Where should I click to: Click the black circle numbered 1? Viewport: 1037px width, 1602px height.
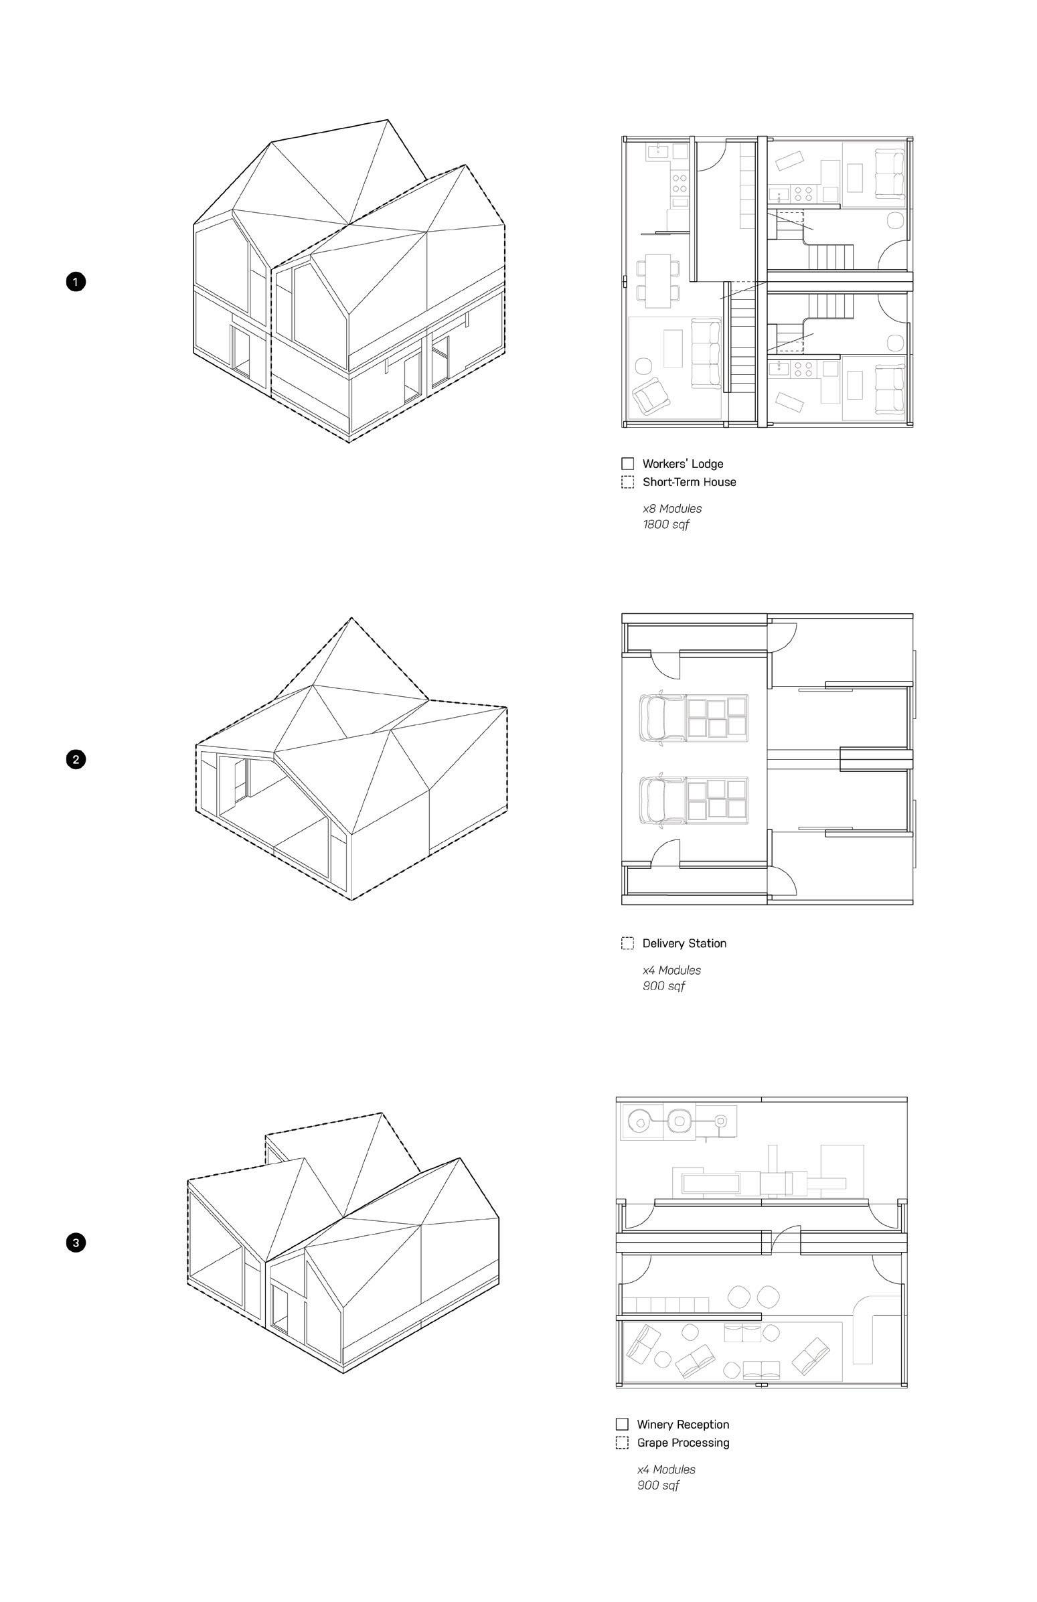click(x=76, y=281)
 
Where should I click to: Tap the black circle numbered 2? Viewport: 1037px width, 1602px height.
click(x=76, y=760)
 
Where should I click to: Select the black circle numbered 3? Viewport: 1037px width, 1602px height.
click(x=76, y=1243)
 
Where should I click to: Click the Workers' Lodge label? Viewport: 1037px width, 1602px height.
click(x=682, y=464)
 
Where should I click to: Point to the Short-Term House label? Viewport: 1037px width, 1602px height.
click(x=688, y=482)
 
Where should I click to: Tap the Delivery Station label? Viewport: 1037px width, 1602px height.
click(x=684, y=943)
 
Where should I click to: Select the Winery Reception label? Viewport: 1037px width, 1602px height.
click(x=682, y=1425)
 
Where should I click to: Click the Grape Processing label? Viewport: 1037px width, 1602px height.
click(x=682, y=1443)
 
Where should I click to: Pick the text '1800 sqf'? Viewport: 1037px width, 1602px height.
click(x=665, y=524)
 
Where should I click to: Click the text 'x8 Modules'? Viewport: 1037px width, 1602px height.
click(x=671, y=509)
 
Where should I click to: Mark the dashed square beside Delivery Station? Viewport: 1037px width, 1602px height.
click(x=627, y=943)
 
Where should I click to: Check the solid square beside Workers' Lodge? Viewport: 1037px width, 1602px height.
click(x=627, y=464)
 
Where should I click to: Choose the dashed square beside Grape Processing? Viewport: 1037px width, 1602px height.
click(x=622, y=1443)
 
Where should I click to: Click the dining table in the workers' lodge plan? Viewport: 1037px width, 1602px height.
click(x=658, y=280)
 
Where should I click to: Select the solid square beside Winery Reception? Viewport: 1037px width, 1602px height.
click(x=622, y=1425)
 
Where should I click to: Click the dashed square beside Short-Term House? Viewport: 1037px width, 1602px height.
click(x=627, y=482)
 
